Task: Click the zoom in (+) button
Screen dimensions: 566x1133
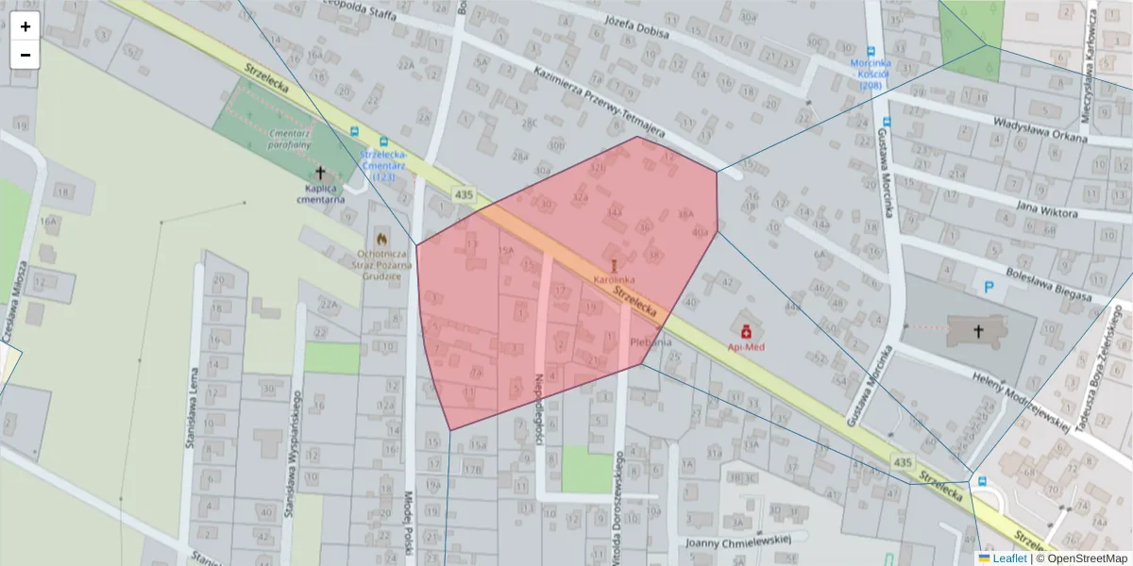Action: pos(25,26)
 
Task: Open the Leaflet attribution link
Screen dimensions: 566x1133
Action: pos(1010,558)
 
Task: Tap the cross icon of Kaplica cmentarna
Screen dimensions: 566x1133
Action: pos(320,173)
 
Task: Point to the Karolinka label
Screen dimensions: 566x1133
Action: pos(614,280)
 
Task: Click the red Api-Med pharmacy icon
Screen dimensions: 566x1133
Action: pos(746,331)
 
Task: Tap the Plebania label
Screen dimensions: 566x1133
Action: pos(651,342)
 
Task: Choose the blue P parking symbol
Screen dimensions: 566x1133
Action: pos(989,285)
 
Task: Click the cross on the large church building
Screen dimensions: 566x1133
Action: pos(978,331)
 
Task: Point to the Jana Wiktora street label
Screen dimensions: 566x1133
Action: pos(1046,208)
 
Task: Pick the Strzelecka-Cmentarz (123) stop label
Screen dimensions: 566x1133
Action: pos(383,165)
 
